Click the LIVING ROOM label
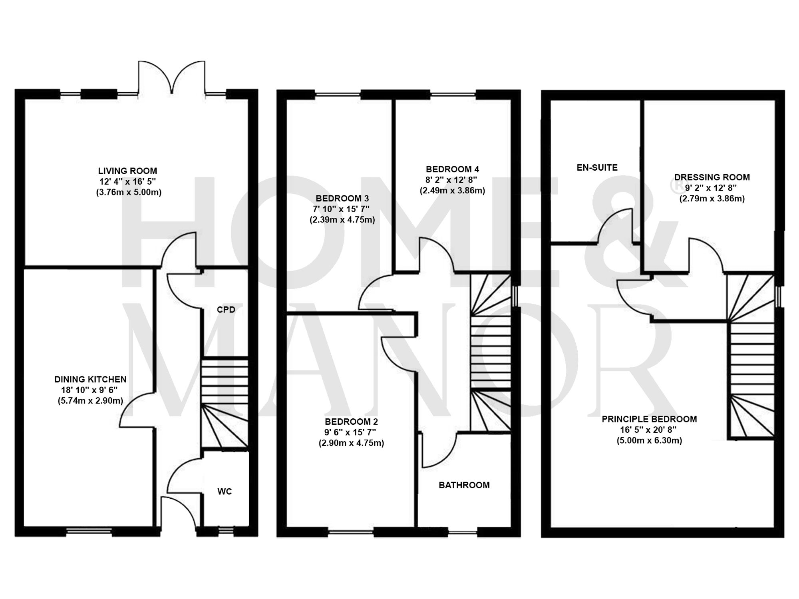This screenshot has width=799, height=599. click(x=127, y=171)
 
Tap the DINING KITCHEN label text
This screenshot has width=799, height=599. click(x=90, y=379)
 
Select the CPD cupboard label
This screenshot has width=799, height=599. click(x=226, y=310)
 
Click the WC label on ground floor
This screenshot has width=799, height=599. click(x=225, y=492)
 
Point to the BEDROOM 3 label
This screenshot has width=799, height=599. click(x=342, y=198)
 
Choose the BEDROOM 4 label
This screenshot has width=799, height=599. click(x=452, y=169)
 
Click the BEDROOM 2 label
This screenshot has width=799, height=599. click(x=351, y=422)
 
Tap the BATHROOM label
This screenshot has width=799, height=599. click(x=464, y=485)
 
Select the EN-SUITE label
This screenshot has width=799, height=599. click(x=597, y=168)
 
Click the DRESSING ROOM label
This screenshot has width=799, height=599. click(x=712, y=177)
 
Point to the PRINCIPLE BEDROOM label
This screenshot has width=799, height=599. click(x=649, y=419)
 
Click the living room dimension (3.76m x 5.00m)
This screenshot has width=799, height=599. click(x=129, y=192)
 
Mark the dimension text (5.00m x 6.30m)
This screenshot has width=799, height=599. click(x=649, y=440)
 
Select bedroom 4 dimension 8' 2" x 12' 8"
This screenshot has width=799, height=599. click(x=452, y=180)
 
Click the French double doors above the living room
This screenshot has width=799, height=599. click(x=172, y=78)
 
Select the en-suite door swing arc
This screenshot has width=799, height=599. click(x=617, y=226)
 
